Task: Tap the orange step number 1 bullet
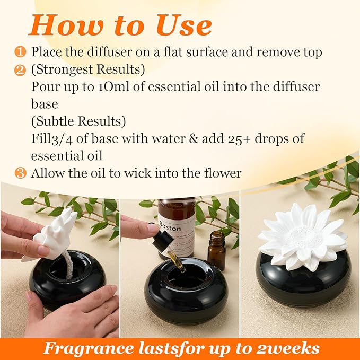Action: (x=20, y=52)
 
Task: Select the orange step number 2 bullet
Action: (x=20, y=69)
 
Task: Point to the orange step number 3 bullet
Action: (x=20, y=173)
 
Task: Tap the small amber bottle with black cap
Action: (x=216, y=250)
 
